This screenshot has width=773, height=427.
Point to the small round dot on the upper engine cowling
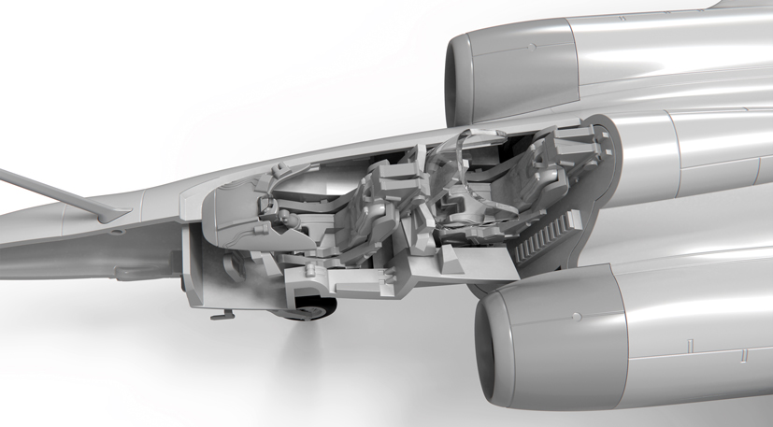point(531,46)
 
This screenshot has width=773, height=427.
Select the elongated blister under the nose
point(140,270)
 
